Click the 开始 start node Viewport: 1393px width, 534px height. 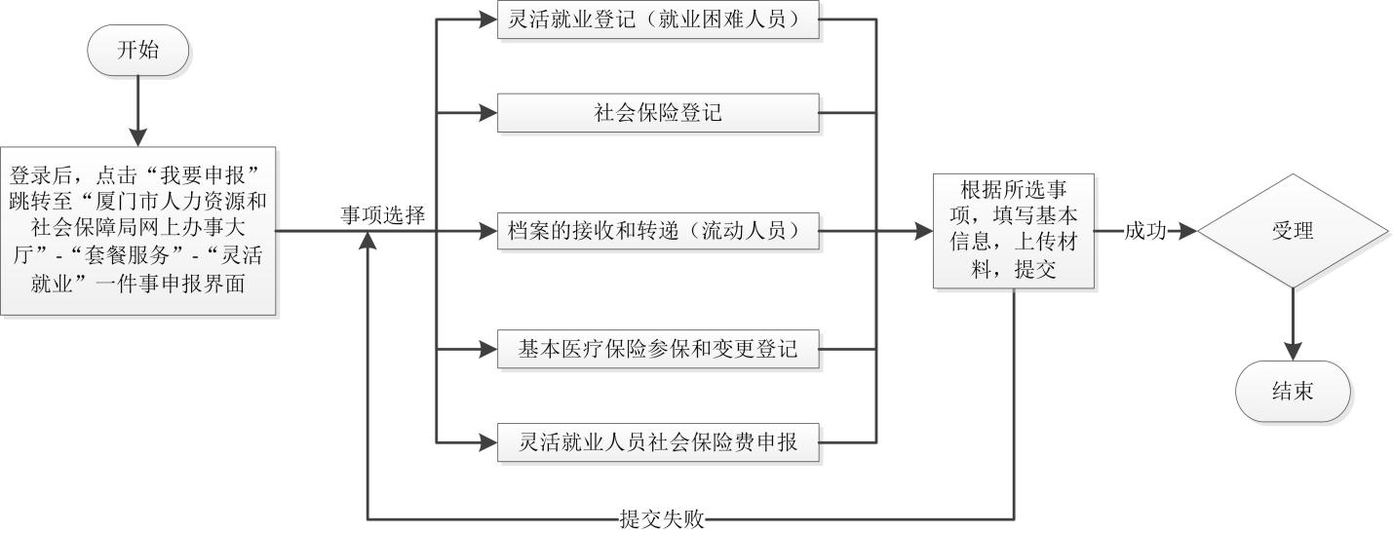(x=136, y=52)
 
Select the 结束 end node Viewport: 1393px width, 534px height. (x=1293, y=392)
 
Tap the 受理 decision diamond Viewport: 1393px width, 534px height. (x=1293, y=231)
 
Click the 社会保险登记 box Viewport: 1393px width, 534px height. (x=658, y=113)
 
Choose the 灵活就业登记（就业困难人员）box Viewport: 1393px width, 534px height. (x=658, y=19)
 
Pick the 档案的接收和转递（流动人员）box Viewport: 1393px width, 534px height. (x=658, y=231)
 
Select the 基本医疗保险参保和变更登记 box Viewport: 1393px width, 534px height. (x=658, y=349)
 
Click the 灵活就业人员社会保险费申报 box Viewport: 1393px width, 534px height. (x=658, y=442)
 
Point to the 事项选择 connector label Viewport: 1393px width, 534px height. (x=382, y=215)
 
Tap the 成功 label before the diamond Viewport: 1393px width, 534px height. (x=1144, y=231)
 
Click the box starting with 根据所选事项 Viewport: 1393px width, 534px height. (x=1013, y=231)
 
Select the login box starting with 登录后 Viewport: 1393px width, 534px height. (x=137, y=231)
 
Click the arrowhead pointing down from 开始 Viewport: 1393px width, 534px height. (x=137, y=136)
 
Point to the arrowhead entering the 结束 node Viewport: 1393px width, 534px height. (x=1293, y=352)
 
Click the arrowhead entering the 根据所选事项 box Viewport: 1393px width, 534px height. (x=924, y=231)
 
